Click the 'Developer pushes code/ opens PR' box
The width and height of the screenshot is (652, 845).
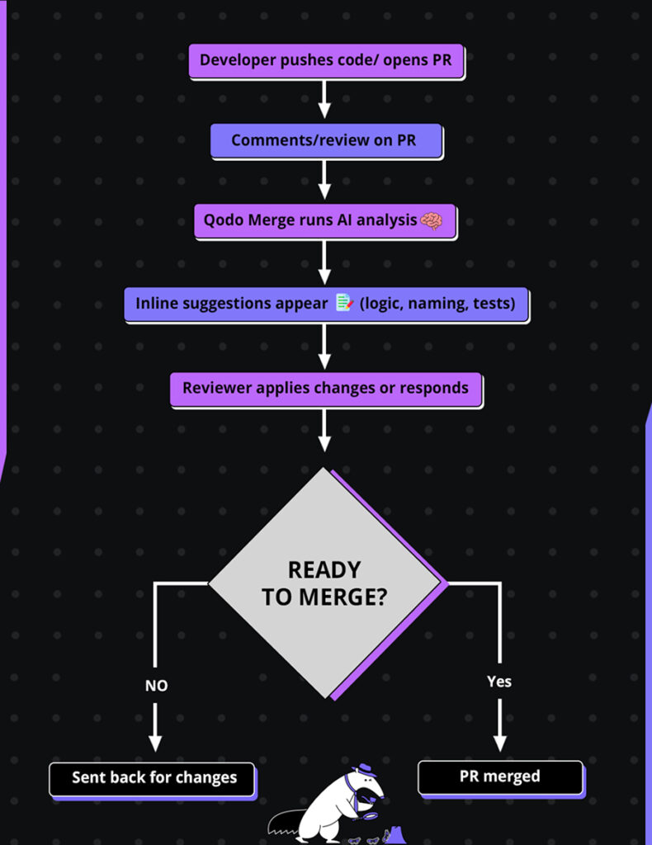pos(326,60)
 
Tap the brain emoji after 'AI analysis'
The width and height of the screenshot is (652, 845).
pos(432,221)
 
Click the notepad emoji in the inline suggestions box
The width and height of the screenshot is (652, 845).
pos(345,304)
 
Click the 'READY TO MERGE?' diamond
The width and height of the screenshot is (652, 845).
pos(324,583)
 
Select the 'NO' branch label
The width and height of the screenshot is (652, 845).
pos(156,686)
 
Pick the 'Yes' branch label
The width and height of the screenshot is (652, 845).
pos(499,682)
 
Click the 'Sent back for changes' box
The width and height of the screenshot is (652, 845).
pos(153,778)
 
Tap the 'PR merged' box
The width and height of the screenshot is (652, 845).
pos(499,777)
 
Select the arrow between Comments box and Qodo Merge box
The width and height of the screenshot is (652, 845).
pos(324,179)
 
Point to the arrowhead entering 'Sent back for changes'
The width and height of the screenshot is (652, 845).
pos(155,742)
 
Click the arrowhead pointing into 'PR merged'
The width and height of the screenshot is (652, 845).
pos(499,740)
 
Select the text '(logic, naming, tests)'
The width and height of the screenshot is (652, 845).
pos(437,304)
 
